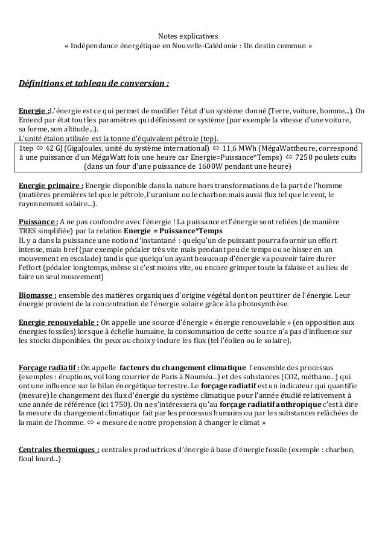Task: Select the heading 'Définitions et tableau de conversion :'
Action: tap(94, 82)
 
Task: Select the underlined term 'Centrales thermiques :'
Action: tap(60, 450)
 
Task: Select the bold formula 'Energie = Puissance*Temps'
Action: tap(173, 232)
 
